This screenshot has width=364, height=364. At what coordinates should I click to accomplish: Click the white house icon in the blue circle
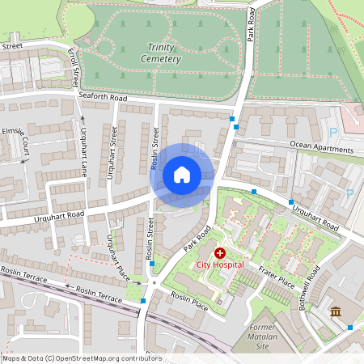click(x=182, y=174)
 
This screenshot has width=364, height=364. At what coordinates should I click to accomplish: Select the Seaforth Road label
click(x=103, y=96)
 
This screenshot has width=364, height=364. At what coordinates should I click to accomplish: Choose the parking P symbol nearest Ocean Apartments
click(x=332, y=133)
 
